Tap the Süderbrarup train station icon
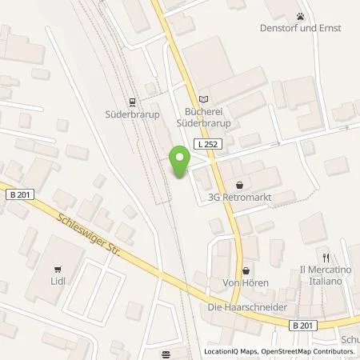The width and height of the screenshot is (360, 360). tap(133, 101)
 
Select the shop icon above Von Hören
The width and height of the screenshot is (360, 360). tap(246, 270)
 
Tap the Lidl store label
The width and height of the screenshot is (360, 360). tap(56, 284)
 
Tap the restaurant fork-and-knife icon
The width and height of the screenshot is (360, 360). tap(326, 258)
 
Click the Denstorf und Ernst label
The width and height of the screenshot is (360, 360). tap(301, 29)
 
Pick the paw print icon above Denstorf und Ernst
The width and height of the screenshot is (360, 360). tap(301, 15)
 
